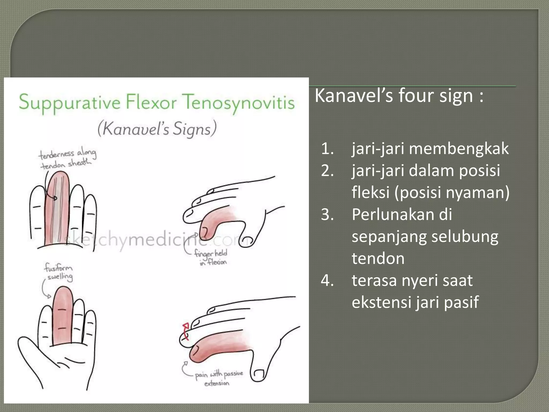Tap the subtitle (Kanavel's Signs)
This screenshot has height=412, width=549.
[157, 129]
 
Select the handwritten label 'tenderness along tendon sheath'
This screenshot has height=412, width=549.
[67, 159]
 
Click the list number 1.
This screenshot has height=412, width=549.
[327, 149]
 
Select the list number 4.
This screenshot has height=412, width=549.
[327, 281]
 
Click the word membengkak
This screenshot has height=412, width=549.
[459, 149]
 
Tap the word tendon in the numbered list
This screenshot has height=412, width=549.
[378, 259]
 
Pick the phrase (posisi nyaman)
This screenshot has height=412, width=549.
[452, 193]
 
